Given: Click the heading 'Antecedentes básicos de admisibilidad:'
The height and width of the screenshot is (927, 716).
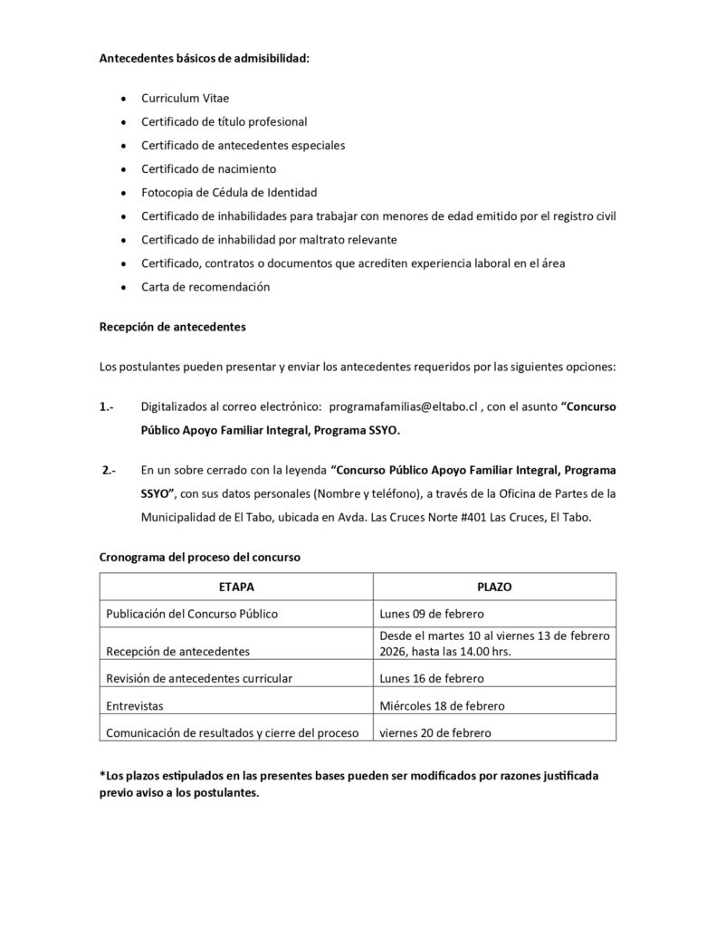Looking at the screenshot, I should [x=205, y=59].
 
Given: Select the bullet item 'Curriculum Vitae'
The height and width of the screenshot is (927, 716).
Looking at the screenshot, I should [x=191, y=98].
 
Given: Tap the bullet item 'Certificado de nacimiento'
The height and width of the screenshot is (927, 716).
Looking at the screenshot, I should [x=209, y=168].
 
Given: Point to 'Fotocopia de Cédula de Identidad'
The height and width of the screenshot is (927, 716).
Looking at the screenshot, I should [x=229, y=192].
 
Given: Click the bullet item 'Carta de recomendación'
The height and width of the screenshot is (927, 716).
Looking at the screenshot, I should [x=205, y=287].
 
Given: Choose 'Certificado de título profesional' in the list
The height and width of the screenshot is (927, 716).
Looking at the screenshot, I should [x=224, y=121].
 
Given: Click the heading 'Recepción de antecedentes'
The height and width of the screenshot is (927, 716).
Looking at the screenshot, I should [x=172, y=327].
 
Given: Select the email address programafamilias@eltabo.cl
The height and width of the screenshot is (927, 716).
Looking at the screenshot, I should [x=402, y=407].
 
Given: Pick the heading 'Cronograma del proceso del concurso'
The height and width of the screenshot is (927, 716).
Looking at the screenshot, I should [x=199, y=558].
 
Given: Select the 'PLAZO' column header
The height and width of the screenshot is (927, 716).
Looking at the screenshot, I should [x=494, y=587].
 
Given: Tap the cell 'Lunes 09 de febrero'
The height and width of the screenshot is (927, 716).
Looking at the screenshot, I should [x=431, y=614].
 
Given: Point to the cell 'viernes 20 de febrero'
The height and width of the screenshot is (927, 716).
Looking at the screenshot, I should [x=434, y=732].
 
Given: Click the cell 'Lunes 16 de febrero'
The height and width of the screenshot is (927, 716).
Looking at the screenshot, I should [x=431, y=678].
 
